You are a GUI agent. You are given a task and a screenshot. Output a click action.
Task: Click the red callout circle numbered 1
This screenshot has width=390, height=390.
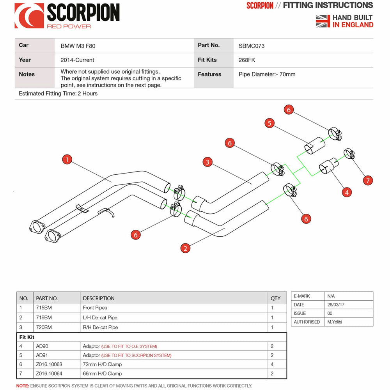coord(67,159)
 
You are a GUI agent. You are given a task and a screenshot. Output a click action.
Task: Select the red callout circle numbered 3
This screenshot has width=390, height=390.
coord(207,162)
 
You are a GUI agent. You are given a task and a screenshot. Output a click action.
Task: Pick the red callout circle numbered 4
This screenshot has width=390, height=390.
coord(346,192)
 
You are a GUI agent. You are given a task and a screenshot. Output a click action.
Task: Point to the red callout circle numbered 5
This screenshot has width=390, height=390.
coord(269,123)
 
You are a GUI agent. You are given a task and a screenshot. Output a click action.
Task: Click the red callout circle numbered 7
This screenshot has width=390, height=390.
coord(367,180)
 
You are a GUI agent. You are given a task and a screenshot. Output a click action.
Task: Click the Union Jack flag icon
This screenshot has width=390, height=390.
coord(323,21)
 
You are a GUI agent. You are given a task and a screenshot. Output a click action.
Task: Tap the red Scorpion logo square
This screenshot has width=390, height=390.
coord(29,16)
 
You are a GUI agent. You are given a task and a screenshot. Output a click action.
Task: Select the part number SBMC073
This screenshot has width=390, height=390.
coord(251,46)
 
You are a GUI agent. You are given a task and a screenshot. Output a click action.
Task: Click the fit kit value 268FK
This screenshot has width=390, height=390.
coord(246,60)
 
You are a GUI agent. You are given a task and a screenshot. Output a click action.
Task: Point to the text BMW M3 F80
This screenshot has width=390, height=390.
coord(78,46)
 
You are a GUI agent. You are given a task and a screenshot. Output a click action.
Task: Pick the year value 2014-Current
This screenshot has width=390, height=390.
coord(77,60)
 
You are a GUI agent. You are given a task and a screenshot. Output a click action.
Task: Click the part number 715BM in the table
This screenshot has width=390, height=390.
coord(44,308)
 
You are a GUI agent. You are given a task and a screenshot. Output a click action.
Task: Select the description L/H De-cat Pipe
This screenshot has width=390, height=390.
coord(100,317)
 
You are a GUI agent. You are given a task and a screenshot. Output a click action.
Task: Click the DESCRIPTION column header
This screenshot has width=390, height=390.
coord(99,298)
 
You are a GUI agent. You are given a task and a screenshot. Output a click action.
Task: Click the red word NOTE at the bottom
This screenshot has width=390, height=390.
coord(22,386)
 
